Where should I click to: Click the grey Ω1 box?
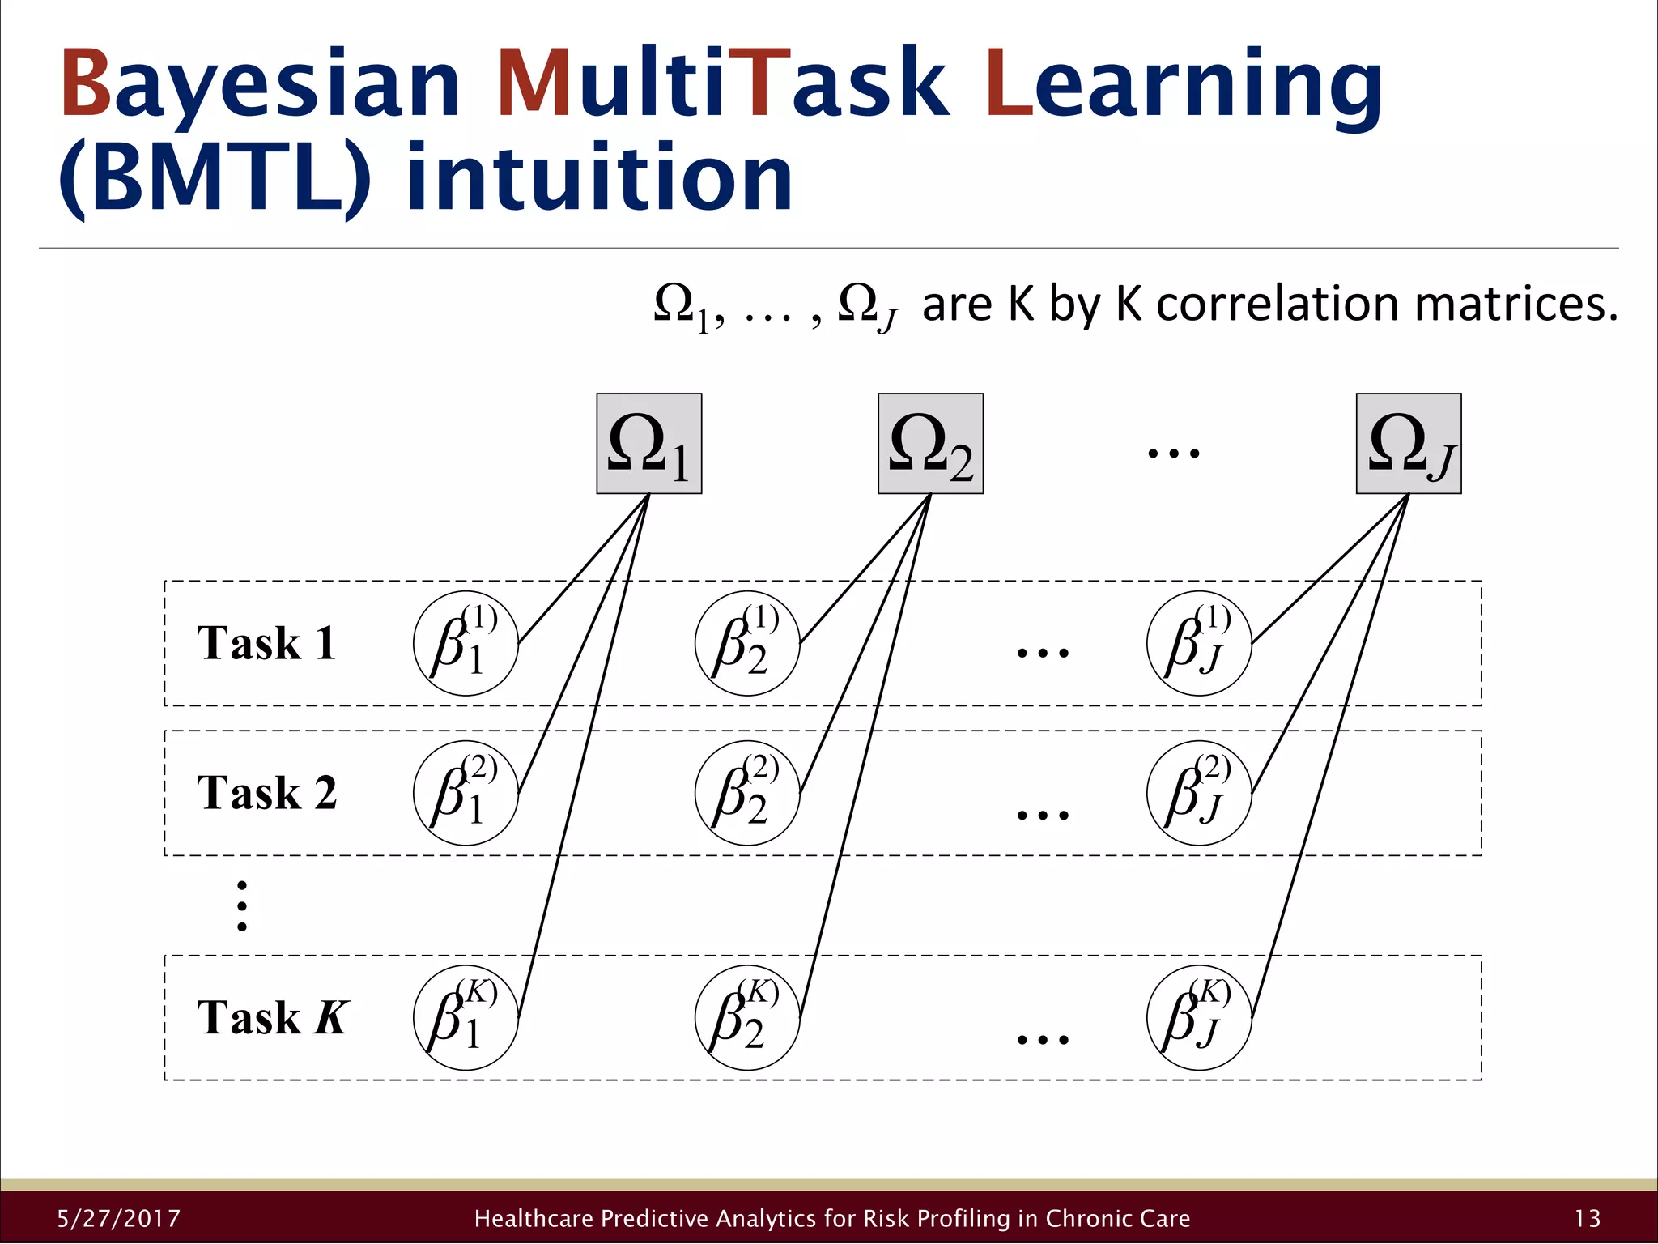coord(648,444)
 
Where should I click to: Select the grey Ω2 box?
coord(930,444)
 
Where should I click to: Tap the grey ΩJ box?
coord(1409,444)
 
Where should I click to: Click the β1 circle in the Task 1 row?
coord(466,644)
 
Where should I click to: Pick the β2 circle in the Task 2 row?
coord(747,793)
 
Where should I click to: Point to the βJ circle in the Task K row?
coord(1199,1018)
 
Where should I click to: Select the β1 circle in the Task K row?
coord(466,1018)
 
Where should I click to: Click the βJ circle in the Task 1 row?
coord(1199,644)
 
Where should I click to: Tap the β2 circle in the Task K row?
coord(747,1018)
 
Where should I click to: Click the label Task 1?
coord(266,644)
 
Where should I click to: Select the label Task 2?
coord(266,793)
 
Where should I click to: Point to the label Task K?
coord(273,1018)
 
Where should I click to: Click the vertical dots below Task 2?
coord(241,906)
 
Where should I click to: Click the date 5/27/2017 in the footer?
coord(119,1219)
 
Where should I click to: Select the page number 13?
coord(1588,1219)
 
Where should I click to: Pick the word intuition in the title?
coord(599,178)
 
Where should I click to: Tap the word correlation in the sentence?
coord(1278,305)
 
